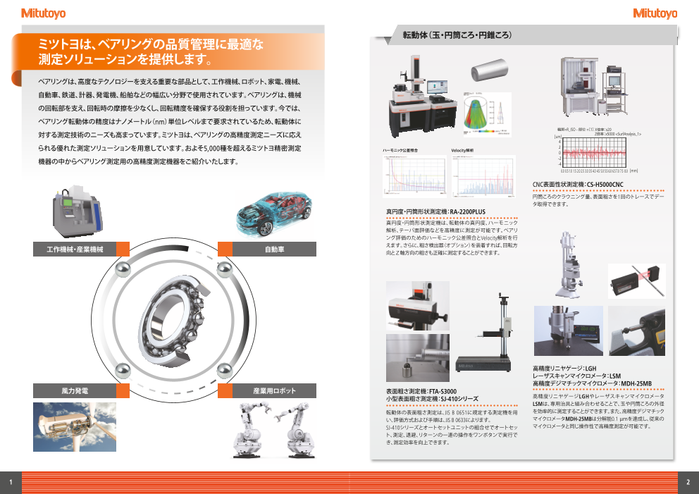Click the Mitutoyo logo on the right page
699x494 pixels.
coord(655,13)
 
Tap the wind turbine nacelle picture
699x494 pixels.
coord(64,426)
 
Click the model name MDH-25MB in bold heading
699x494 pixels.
coord(632,384)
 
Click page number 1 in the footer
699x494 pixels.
coord(11,482)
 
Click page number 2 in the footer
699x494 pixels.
coord(688,482)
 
